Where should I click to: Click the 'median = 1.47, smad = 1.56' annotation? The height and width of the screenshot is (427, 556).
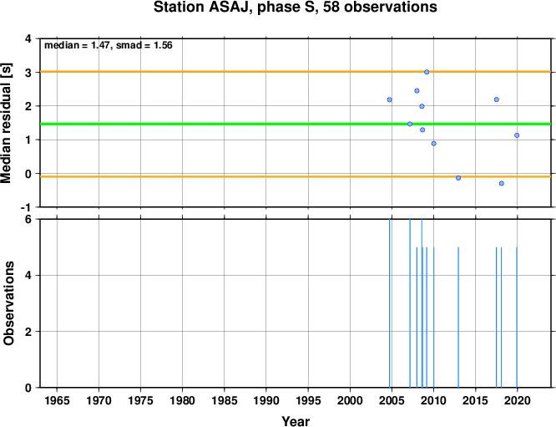tap(109, 45)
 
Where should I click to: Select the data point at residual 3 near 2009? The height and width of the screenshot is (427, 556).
tap(427, 72)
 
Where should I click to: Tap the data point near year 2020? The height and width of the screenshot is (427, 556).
tap(517, 135)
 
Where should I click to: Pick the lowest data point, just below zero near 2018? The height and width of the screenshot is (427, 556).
tap(502, 183)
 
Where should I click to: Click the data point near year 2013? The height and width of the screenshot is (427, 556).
tap(458, 178)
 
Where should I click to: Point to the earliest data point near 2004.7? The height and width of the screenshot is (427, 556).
tap(389, 99)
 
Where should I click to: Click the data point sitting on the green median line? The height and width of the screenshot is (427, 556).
tap(410, 124)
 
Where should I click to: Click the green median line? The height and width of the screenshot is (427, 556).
tap(296, 124)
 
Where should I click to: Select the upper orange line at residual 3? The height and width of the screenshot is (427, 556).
tap(296, 72)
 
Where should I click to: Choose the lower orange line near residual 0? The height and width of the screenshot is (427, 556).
tap(296, 176)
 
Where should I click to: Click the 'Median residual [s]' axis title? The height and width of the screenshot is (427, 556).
tap(7, 123)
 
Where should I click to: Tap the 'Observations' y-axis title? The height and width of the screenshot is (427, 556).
tap(8, 303)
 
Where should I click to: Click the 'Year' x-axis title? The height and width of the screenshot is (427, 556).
tap(296, 421)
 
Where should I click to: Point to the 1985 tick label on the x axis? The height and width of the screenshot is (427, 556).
tap(224, 401)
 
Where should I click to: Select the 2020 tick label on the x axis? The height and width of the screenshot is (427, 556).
tap(517, 401)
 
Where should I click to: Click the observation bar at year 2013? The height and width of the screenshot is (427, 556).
tap(458, 318)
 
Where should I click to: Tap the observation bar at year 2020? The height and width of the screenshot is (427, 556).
tap(517, 318)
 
